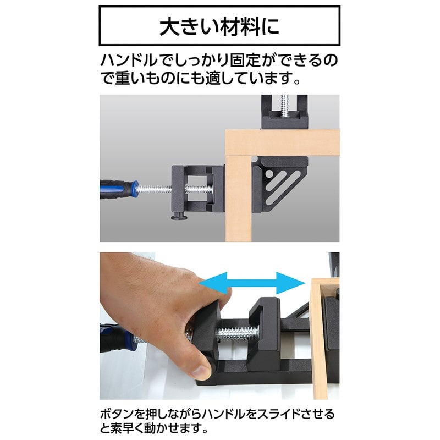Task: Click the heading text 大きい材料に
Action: coord(218,26)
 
